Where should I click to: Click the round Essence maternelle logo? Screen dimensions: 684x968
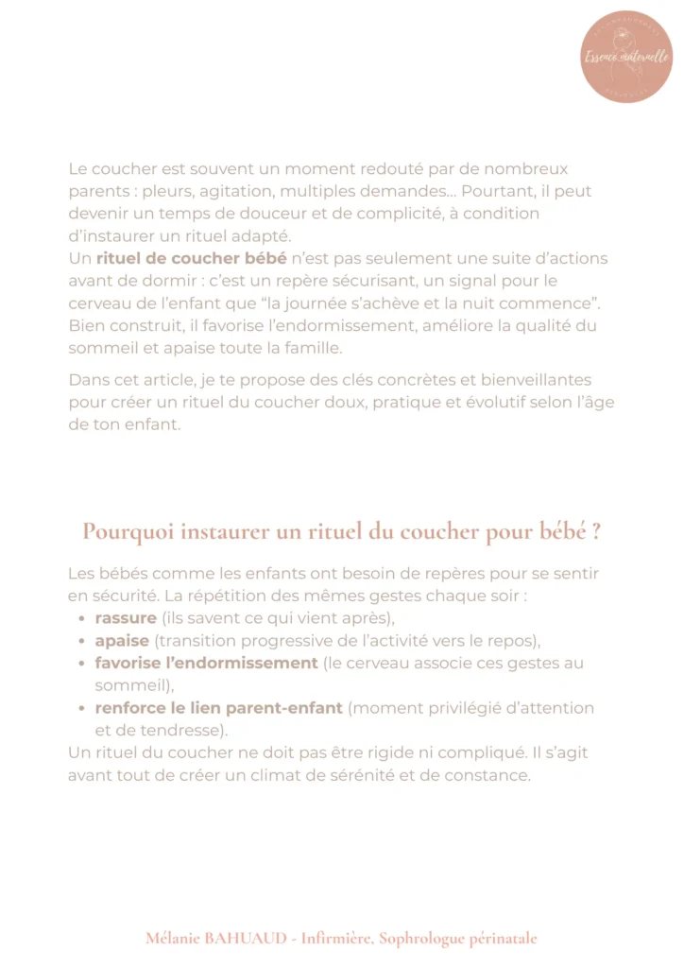click(x=626, y=57)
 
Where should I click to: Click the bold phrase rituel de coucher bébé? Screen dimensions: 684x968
click(x=191, y=258)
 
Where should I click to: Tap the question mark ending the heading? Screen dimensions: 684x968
click(x=596, y=531)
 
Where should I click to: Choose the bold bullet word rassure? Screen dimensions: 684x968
click(x=125, y=618)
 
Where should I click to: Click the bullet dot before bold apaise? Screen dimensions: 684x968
click(x=83, y=641)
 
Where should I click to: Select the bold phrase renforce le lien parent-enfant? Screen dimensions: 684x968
click(x=219, y=707)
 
